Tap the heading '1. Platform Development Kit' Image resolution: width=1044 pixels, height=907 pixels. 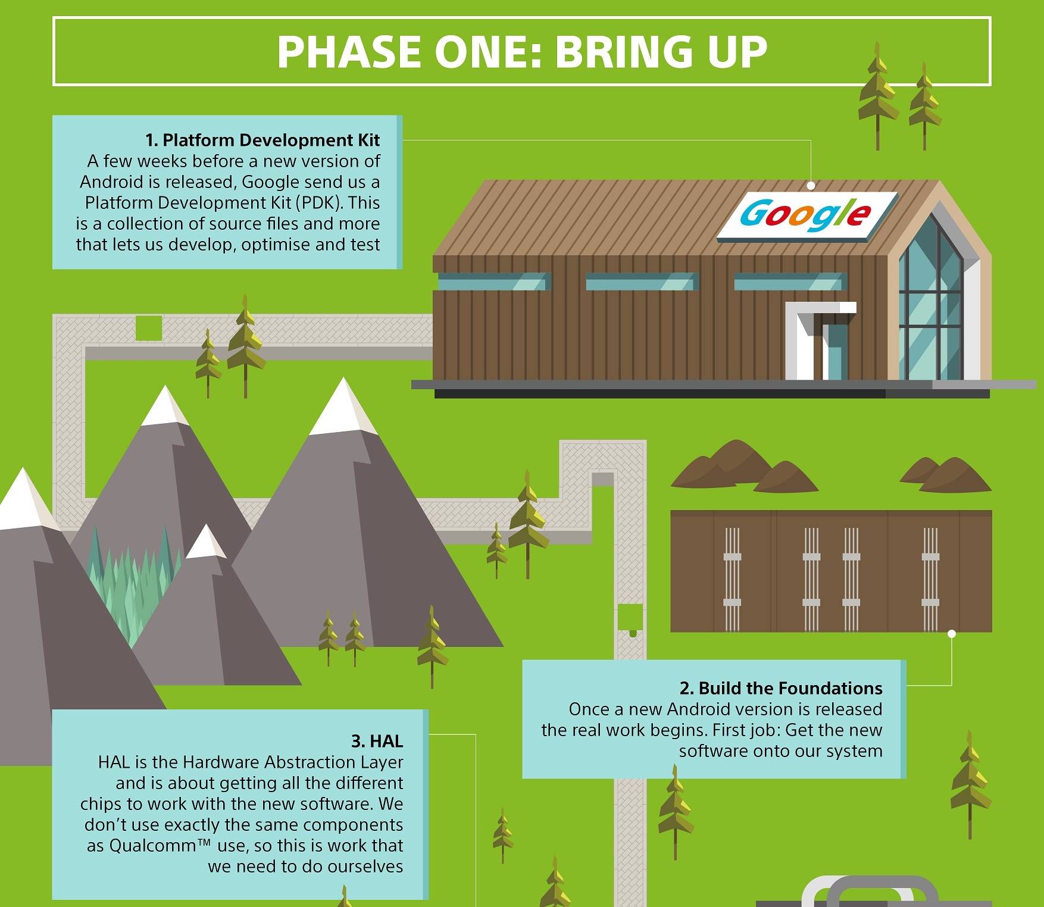262,140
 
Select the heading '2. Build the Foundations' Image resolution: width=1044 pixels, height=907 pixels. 781,688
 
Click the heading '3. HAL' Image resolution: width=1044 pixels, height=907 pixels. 377,741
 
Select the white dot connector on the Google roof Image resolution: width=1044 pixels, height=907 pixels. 811,185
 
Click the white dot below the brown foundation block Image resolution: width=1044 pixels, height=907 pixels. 951,634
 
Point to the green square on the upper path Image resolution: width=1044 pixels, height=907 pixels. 149,328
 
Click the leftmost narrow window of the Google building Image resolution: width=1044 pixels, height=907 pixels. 492,282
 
